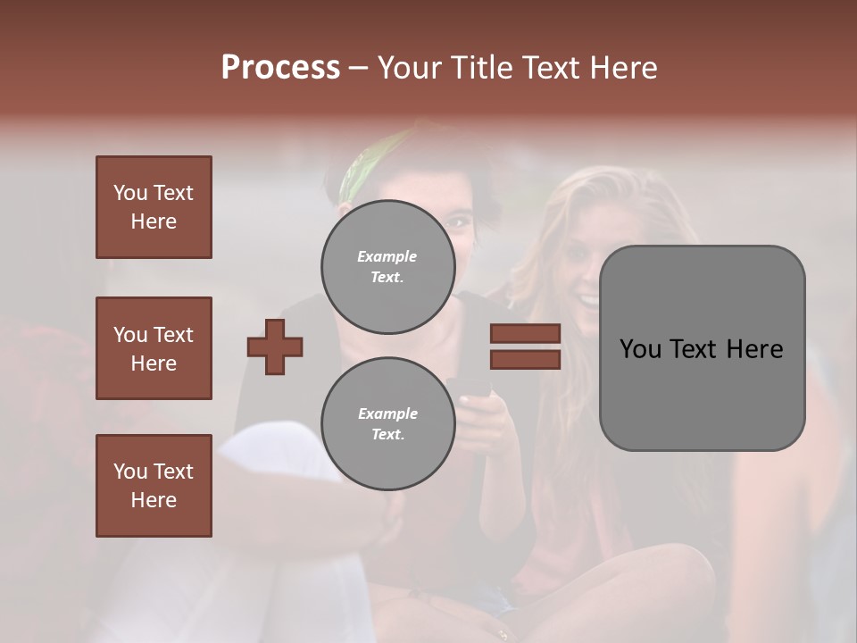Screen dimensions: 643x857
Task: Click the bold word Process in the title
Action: tap(280, 68)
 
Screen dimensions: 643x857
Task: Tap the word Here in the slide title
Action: tap(622, 68)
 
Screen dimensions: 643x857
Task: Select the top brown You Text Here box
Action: tap(154, 207)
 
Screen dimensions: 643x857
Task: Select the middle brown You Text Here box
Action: tap(154, 348)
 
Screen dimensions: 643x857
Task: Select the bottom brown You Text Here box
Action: tap(154, 486)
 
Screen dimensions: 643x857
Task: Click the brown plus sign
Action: tap(275, 347)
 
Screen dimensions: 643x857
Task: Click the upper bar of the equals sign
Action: tap(525, 333)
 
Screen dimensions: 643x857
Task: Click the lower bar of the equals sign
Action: tap(525, 360)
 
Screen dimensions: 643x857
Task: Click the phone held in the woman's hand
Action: tap(473, 388)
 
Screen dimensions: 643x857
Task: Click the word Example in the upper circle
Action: tap(387, 256)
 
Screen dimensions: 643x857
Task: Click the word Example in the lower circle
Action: tap(387, 413)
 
